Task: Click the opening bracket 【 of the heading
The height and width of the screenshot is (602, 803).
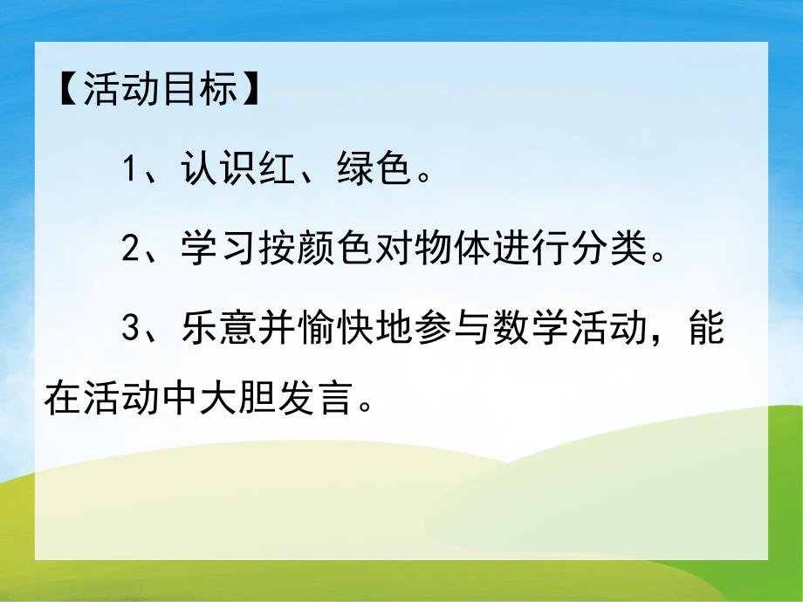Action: click(67, 91)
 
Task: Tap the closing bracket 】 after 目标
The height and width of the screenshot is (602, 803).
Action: click(251, 91)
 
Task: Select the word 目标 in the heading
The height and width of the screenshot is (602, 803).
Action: click(204, 91)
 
